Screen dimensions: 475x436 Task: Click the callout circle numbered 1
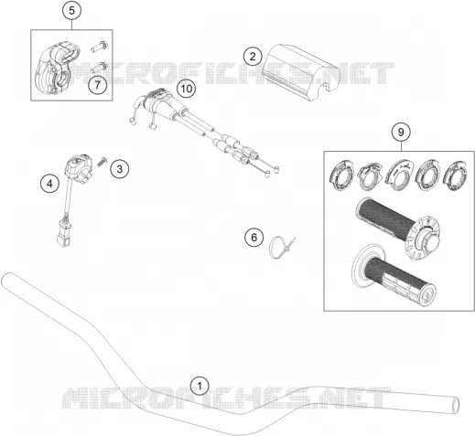tap(200, 387)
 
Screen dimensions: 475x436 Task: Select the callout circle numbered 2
tap(253, 57)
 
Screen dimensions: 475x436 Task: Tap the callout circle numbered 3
tap(120, 168)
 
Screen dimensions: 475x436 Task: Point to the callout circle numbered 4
tap(49, 184)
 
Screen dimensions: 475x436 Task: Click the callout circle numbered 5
tap(71, 11)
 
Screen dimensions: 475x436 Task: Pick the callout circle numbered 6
tap(254, 237)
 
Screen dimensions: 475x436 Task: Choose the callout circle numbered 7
tap(98, 85)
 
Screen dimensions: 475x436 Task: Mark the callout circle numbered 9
tap(401, 133)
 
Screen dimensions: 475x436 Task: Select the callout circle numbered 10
tap(187, 89)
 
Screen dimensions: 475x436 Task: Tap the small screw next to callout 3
tap(103, 161)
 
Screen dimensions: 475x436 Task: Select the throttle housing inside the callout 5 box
tap(57, 68)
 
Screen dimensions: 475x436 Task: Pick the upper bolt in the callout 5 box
tap(99, 47)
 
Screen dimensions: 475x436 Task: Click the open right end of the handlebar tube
tap(455, 406)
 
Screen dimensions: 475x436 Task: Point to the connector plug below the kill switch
tap(64, 234)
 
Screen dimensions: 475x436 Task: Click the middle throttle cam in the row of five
tap(399, 175)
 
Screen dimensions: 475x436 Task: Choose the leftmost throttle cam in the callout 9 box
tap(341, 175)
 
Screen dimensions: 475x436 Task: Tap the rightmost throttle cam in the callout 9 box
tap(456, 176)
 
